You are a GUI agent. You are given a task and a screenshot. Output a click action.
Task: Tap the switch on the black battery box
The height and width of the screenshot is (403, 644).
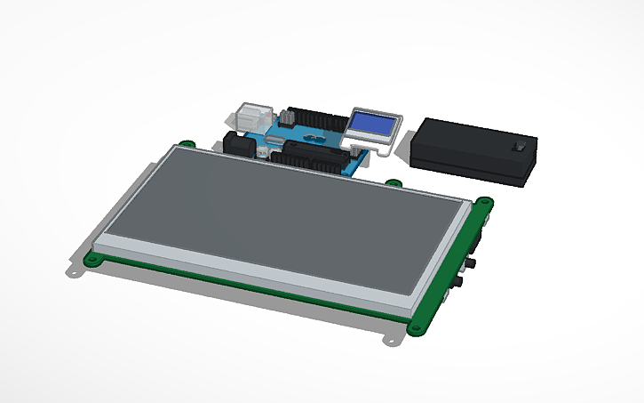(521, 146)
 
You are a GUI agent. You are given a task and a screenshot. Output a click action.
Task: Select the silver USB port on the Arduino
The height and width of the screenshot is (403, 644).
(253, 117)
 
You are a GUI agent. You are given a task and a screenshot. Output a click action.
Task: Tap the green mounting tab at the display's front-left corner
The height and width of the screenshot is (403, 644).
(91, 260)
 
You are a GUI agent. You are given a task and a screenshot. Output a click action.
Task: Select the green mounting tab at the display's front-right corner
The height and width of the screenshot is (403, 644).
(417, 327)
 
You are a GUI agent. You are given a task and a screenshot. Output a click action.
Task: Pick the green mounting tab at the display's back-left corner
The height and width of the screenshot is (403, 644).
(187, 143)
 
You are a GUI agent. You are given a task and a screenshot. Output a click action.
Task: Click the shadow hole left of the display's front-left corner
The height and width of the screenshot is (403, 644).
(75, 271)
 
